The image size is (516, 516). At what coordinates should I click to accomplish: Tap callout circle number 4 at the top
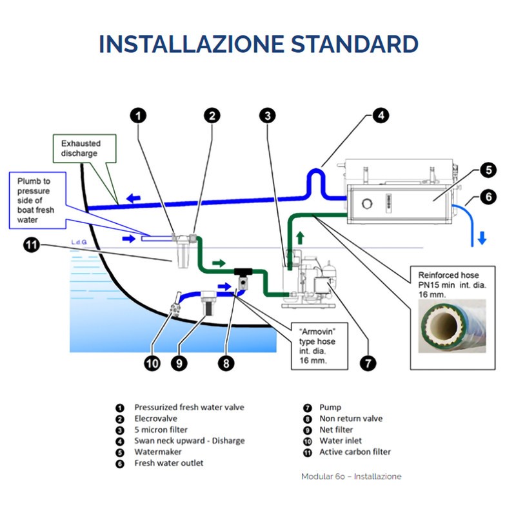coord(381,116)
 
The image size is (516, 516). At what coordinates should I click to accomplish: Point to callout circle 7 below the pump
coord(367,364)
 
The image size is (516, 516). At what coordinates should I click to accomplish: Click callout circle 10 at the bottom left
coord(152,364)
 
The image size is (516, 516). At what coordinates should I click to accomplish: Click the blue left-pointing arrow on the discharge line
coord(134,198)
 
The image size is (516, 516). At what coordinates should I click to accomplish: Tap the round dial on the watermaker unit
coord(368,203)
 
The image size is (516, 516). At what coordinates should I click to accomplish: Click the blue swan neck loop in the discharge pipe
coord(315,177)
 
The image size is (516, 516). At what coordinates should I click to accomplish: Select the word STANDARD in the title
coord(354,44)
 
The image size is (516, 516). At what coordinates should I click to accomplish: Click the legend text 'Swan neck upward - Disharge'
coord(189,441)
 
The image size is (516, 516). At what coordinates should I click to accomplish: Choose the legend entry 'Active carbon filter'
coord(355,452)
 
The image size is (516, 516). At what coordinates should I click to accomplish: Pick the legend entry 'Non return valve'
coord(351,419)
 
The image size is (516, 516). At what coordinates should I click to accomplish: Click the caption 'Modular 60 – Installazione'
coord(351,477)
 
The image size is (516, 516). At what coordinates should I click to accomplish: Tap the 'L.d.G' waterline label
coord(81,243)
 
